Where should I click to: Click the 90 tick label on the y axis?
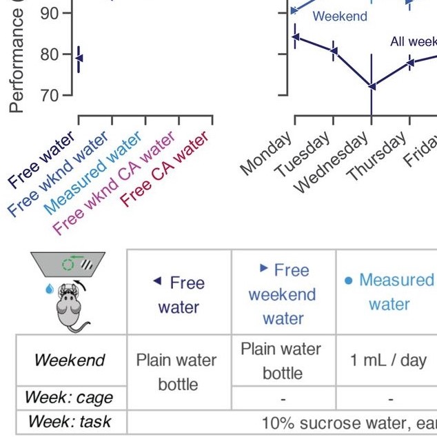pos(50,13)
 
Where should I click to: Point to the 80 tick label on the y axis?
pos(50,54)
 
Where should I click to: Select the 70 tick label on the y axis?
pos(50,95)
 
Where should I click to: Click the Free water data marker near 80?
pos(79,58)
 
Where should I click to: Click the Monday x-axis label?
pos(267,156)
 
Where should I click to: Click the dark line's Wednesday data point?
pos(372,87)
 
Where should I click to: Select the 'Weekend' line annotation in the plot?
pos(340,17)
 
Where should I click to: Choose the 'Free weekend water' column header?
pos(283,294)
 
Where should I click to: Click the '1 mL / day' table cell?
pos(389,360)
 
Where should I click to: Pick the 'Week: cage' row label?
pos(68,398)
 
